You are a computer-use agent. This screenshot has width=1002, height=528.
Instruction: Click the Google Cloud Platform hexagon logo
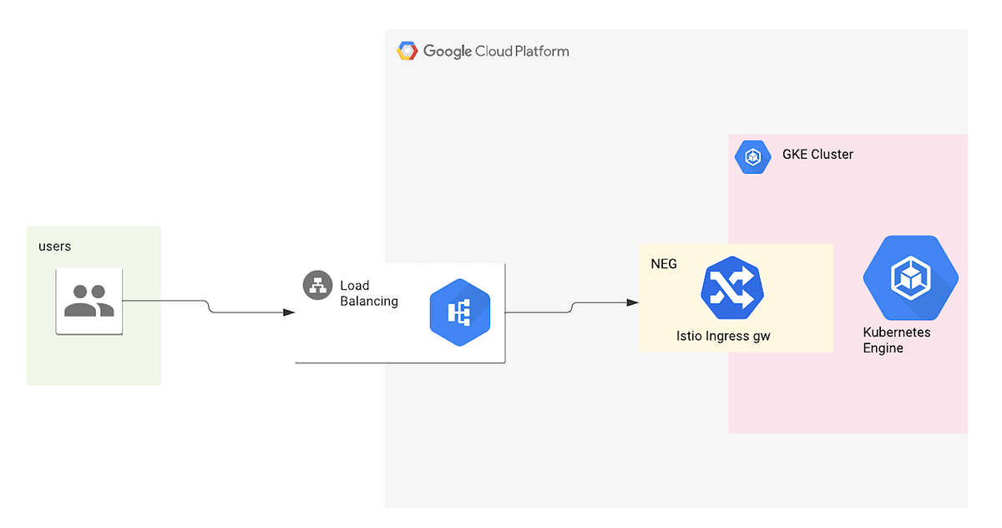tap(407, 51)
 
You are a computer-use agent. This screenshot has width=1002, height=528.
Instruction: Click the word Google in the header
tap(447, 51)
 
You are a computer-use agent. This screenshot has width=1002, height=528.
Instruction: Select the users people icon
tap(89, 302)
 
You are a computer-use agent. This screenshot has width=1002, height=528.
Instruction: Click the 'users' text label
tap(54, 246)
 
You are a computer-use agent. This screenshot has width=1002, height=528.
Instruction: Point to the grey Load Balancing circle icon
tap(317, 286)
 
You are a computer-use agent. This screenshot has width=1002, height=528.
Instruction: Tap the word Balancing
tap(369, 301)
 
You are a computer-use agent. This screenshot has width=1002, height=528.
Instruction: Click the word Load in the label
tap(354, 286)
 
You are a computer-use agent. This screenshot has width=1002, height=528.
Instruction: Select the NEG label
tap(664, 264)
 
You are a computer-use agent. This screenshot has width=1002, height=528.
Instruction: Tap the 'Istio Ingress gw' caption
tap(723, 337)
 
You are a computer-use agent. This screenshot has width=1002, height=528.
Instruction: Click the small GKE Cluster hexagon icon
tap(752, 156)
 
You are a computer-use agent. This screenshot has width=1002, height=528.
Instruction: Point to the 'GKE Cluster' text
tap(817, 155)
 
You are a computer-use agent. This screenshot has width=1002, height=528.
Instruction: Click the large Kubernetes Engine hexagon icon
tap(909, 278)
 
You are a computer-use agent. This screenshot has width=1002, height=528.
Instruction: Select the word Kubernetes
tap(896, 333)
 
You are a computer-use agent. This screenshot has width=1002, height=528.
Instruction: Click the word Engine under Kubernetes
tap(883, 348)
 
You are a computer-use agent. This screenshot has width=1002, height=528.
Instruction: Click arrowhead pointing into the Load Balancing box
tap(289, 312)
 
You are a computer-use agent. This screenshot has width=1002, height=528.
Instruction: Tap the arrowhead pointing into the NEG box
tap(633, 302)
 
